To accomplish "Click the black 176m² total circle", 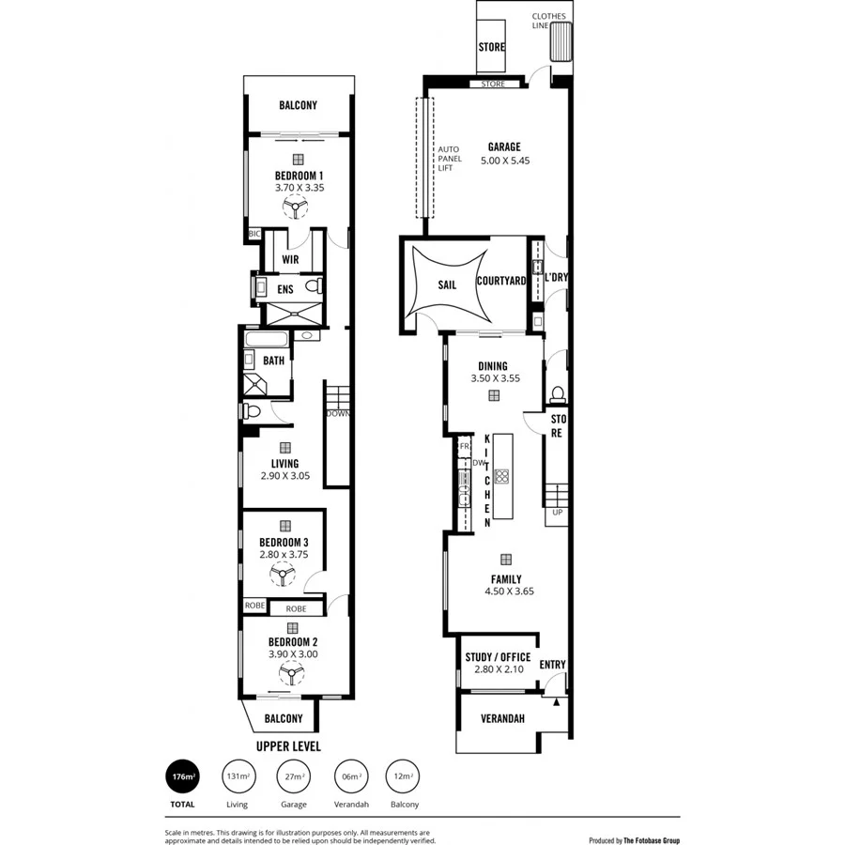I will point(182,776).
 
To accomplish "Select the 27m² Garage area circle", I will point(294,776).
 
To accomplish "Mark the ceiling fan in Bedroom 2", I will point(292,674).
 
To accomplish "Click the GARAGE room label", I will point(504,146).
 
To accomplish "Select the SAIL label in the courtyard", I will point(447,284).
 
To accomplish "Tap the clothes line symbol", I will point(561,42).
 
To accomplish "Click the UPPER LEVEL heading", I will point(288,746).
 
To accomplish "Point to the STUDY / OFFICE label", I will point(498,657).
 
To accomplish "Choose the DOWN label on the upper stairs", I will point(338,413).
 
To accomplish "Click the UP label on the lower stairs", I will point(557,513).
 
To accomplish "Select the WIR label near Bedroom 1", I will point(290,259).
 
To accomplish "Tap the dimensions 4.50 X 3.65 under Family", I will point(509,592).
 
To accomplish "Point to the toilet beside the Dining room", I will point(557,393).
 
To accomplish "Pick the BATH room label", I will point(273,360).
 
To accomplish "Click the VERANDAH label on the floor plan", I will point(501,719).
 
